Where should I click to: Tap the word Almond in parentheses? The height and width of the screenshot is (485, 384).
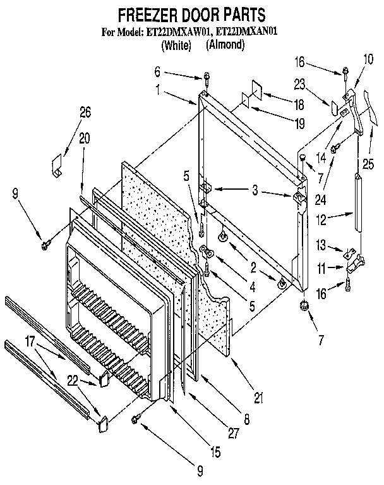(225, 44)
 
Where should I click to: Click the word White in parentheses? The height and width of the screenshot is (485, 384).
(177, 44)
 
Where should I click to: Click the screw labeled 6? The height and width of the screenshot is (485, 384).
(207, 78)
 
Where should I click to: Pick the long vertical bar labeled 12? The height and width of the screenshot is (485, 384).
(359, 204)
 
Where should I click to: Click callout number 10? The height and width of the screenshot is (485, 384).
(368, 60)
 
